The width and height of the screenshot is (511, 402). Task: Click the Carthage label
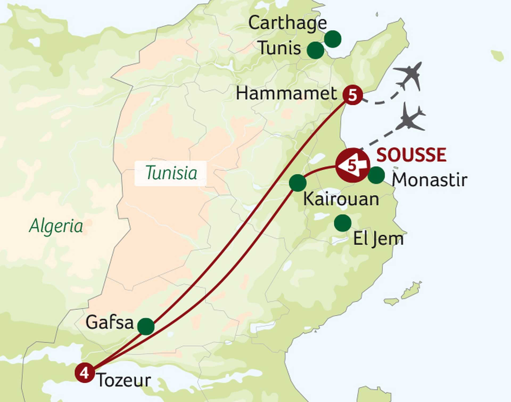(x=287, y=23)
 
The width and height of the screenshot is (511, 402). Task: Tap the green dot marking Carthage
(x=333, y=39)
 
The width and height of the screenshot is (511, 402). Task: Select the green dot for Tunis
(x=315, y=50)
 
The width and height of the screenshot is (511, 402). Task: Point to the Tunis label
(x=280, y=48)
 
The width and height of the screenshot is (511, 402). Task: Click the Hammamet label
(x=286, y=94)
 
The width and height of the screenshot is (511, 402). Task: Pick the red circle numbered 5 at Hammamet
(x=353, y=95)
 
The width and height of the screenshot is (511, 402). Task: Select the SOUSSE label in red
(x=411, y=155)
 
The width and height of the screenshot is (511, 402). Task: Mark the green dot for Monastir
(x=376, y=175)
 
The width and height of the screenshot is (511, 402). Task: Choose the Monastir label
(x=429, y=180)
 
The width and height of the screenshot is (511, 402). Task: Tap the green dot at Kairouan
(x=298, y=183)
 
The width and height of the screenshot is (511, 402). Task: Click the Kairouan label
(x=341, y=199)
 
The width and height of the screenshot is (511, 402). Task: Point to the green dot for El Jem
(x=343, y=223)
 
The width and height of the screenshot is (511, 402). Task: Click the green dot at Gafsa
(x=146, y=326)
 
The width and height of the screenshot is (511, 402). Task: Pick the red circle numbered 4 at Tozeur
(x=84, y=373)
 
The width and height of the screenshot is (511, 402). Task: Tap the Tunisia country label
(x=171, y=173)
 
